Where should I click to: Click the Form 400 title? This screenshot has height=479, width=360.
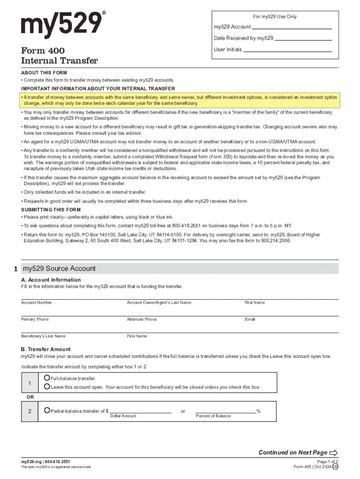[x=43, y=51]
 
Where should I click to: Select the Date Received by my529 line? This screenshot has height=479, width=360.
[x=303, y=39]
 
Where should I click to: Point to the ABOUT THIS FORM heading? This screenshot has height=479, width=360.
[x=44, y=73]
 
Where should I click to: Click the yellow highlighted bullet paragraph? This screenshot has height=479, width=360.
[x=180, y=100]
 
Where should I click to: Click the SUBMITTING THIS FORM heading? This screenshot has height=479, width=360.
[x=50, y=210]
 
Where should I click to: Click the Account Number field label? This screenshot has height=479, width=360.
[x=36, y=303]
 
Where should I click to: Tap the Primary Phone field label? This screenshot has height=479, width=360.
[x=35, y=319]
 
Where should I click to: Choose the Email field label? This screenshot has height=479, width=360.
[x=250, y=319]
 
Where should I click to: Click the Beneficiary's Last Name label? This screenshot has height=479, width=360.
[x=43, y=336]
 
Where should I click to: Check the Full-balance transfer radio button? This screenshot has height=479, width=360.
[x=47, y=378]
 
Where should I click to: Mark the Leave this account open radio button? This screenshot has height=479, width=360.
[x=47, y=387]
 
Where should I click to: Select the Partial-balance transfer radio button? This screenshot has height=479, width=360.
[x=47, y=410]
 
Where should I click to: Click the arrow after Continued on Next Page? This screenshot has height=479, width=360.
[x=333, y=452]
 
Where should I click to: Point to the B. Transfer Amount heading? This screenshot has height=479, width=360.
[x=45, y=349]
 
